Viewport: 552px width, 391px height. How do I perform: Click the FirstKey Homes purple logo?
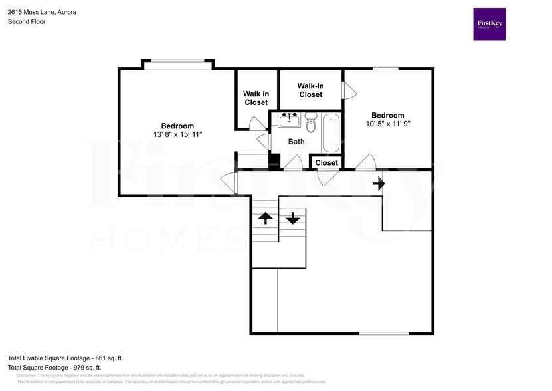pos(489,24)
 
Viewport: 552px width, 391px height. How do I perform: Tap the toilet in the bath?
pos(311,122)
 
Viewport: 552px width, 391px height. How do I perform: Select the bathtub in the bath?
pos(331,133)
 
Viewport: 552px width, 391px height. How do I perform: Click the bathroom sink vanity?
pos(288,120)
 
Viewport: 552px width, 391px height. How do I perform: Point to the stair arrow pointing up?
pos(265,217)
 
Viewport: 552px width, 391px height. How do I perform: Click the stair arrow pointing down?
pos(293,217)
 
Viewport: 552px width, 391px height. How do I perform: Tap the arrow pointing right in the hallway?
pos(379,182)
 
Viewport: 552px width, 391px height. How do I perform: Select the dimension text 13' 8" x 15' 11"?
pos(177,134)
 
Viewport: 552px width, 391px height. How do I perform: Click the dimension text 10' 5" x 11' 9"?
pos(392,124)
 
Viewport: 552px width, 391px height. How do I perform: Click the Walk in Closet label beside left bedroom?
pos(256,98)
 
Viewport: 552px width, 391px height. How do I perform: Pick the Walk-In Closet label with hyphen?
pos(310,90)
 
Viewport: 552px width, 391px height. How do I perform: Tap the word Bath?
pos(296,142)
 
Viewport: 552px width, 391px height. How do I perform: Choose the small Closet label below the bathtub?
pos(326,163)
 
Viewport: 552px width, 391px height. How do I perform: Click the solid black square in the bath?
pos(274,160)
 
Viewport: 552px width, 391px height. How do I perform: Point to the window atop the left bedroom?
pos(177,65)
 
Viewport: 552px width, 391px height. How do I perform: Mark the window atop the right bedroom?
pos(385,68)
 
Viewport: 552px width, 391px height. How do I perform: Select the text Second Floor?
pos(27,21)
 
